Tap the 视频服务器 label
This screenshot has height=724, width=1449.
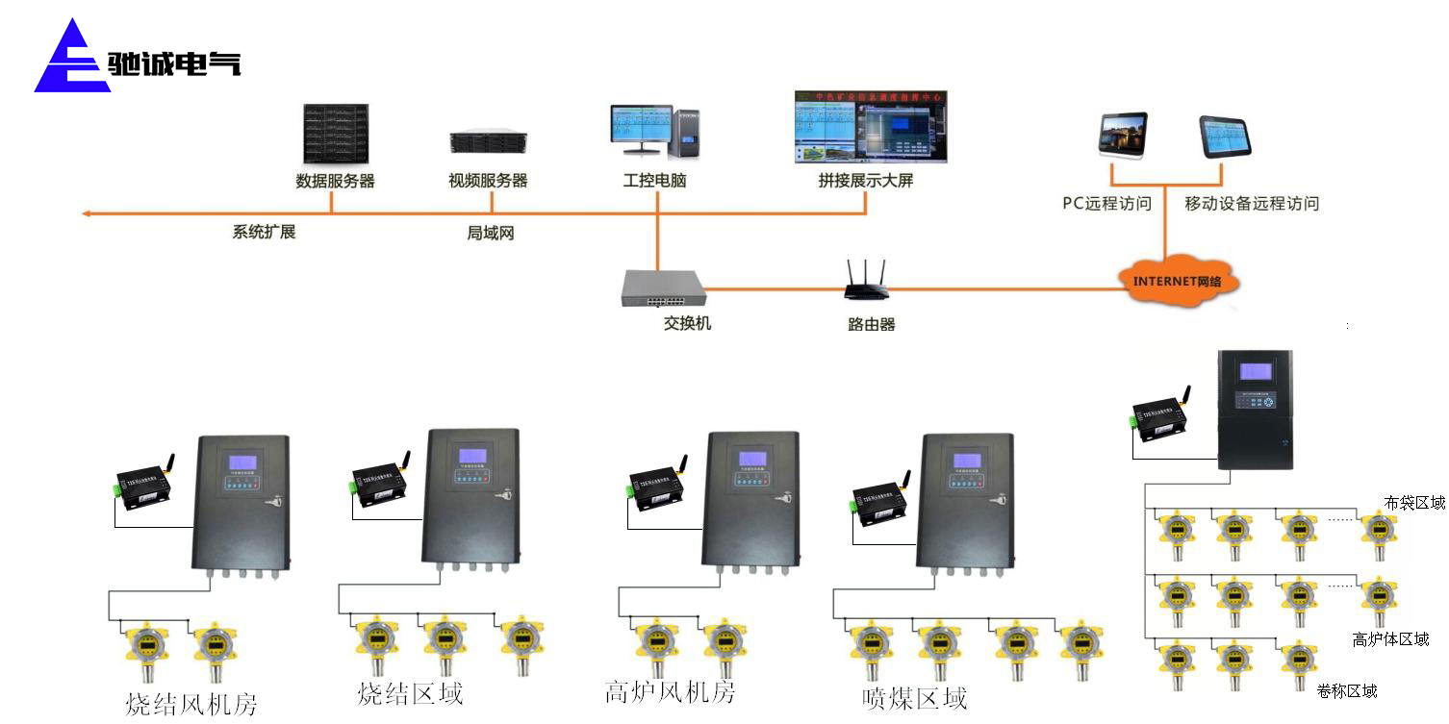[488, 181]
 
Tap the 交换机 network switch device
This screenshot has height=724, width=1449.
[663, 287]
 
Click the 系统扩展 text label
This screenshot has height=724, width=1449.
[264, 233]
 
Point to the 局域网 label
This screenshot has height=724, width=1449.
[491, 234]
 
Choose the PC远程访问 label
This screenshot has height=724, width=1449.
[1106, 204]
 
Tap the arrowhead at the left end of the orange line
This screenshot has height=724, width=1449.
[86, 213]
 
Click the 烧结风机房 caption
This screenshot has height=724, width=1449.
[192, 704]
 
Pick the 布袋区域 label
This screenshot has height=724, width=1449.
[1414, 503]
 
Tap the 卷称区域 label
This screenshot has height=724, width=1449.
[1347, 691]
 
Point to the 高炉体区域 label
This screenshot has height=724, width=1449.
[1390, 639]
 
